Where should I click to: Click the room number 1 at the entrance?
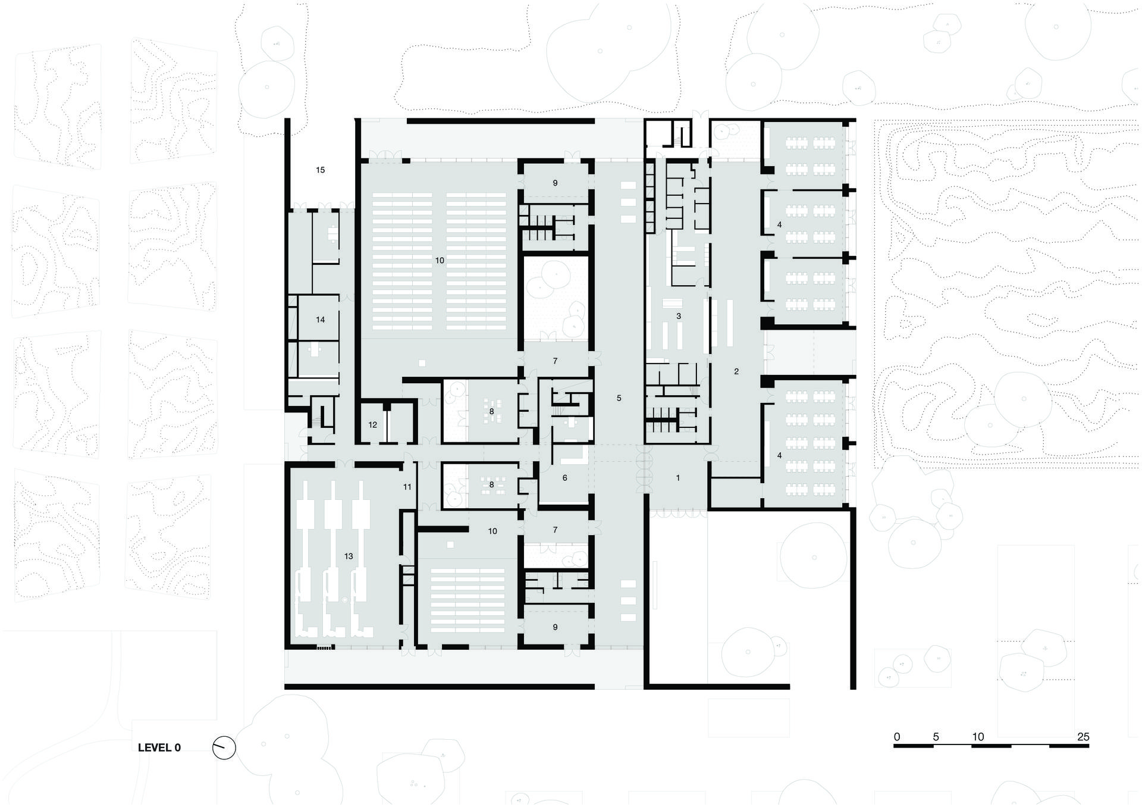click(x=677, y=478)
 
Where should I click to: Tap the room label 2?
click(x=736, y=371)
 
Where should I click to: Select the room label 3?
click(x=679, y=316)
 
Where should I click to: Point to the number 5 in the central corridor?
click(x=619, y=398)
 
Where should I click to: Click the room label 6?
click(x=564, y=477)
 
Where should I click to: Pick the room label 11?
click(x=407, y=487)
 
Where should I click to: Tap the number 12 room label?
click(x=373, y=425)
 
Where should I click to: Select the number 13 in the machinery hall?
click(x=349, y=556)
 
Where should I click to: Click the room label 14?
click(x=320, y=320)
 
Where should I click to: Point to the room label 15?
click(x=320, y=170)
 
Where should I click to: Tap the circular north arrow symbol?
click(x=224, y=748)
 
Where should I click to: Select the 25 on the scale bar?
click(x=1083, y=737)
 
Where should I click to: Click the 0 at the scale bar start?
click(x=897, y=737)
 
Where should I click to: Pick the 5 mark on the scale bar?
click(x=936, y=737)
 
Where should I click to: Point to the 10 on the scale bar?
click(x=978, y=737)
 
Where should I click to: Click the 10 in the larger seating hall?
click(x=440, y=260)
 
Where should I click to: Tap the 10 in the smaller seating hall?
click(x=492, y=531)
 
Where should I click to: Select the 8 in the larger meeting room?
click(x=491, y=411)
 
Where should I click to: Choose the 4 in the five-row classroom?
click(x=779, y=455)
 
